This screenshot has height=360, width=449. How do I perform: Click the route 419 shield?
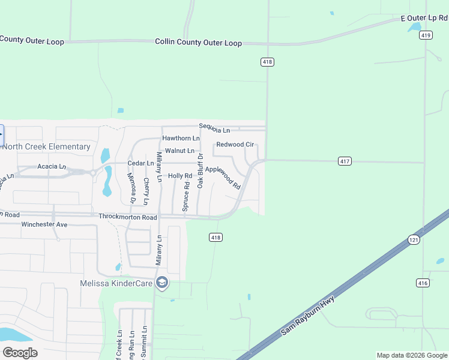click(426, 35)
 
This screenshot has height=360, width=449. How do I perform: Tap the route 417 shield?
click(345, 161)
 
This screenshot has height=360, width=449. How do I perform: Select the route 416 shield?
click(423, 283)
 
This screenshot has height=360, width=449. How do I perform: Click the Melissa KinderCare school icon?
click(161, 283)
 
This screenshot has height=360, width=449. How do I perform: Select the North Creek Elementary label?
click(47, 146)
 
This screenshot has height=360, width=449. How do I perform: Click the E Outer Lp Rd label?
click(424, 19)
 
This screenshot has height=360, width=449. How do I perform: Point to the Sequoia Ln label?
click(215, 129)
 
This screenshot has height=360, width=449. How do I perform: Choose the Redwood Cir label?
click(235, 145)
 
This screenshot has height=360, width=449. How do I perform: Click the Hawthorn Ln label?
click(181, 139)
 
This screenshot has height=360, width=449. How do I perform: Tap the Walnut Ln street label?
click(179, 151)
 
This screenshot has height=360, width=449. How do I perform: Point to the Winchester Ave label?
click(45, 224)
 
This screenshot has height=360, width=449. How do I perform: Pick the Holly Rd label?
click(179, 176)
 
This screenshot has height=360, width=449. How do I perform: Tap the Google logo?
click(20, 353)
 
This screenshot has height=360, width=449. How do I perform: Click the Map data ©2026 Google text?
click(412, 355)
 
